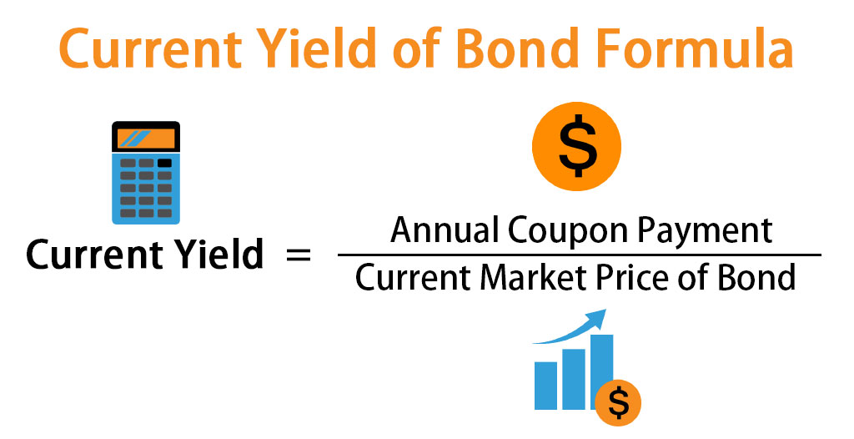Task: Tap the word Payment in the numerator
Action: [711, 231]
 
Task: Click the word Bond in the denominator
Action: [760, 278]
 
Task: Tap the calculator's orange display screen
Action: [146, 138]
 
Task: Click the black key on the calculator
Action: [165, 163]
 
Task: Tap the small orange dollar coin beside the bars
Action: [619, 403]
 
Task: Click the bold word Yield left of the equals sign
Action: [220, 255]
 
